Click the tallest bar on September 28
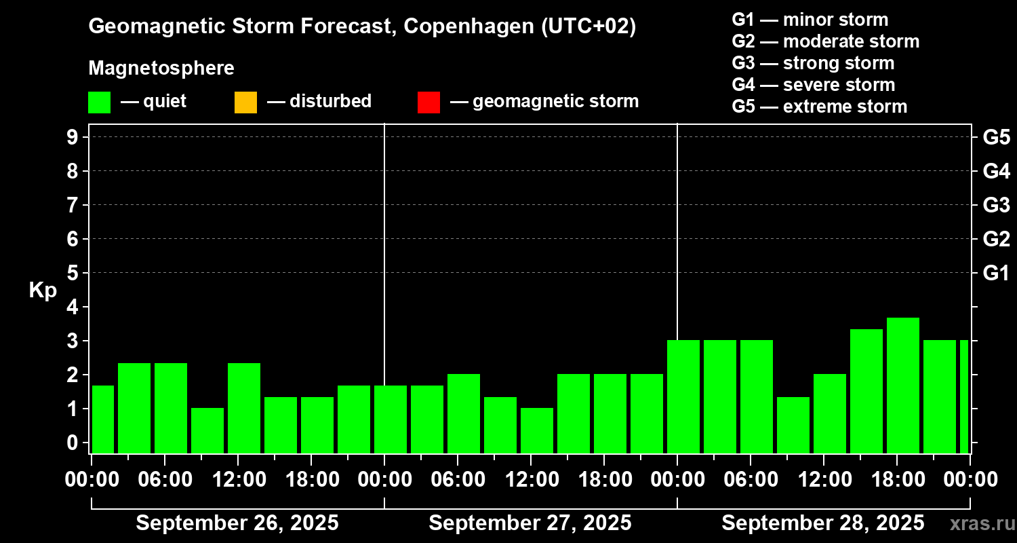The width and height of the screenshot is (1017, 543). (902, 385)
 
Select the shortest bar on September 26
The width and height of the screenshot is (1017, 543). (207, 430)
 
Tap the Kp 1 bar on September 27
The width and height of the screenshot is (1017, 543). (536, 430)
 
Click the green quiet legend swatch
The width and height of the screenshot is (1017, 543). (99, 102)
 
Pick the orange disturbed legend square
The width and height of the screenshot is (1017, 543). (245, 102)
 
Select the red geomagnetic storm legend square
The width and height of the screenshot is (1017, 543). (428, 102)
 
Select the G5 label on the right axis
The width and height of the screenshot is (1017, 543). (996, 138)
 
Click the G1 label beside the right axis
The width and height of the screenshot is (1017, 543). (996, 274)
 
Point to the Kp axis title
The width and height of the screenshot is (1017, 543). (43, 291)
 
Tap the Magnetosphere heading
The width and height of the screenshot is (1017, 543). (161, 69)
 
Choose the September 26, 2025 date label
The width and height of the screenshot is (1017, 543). (237, 523)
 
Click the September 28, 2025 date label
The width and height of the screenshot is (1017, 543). (822, 523)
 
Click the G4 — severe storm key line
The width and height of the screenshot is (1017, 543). (814, 85)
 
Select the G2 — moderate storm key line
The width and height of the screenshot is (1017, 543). (825, 41)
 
